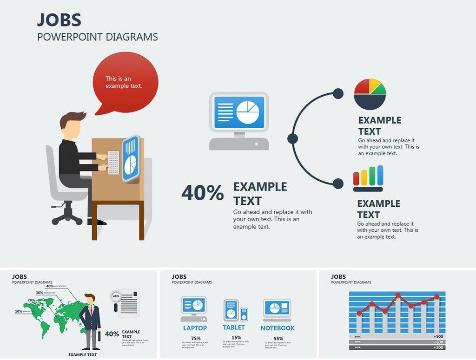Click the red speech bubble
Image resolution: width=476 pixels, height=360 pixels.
pos(126,82)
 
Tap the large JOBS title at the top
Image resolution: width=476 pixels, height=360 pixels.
pos(59,20)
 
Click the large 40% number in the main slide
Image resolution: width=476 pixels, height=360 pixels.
pos(202,193)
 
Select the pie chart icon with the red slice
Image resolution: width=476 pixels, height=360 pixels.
pos(370,93)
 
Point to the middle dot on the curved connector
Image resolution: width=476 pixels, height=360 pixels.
pos(292,138)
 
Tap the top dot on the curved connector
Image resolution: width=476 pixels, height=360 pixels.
pos(338,93)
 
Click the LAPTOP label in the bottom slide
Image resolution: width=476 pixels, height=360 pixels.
pos(195,328)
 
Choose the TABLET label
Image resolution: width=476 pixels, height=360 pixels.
pos(234,327)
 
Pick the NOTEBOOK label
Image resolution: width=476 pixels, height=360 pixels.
pos(278,328)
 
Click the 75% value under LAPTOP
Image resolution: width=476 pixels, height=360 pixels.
pos(196,338)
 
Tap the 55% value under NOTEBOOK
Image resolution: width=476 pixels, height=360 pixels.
pos(278,338)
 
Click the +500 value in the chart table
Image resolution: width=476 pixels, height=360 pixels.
pos(438,336)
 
